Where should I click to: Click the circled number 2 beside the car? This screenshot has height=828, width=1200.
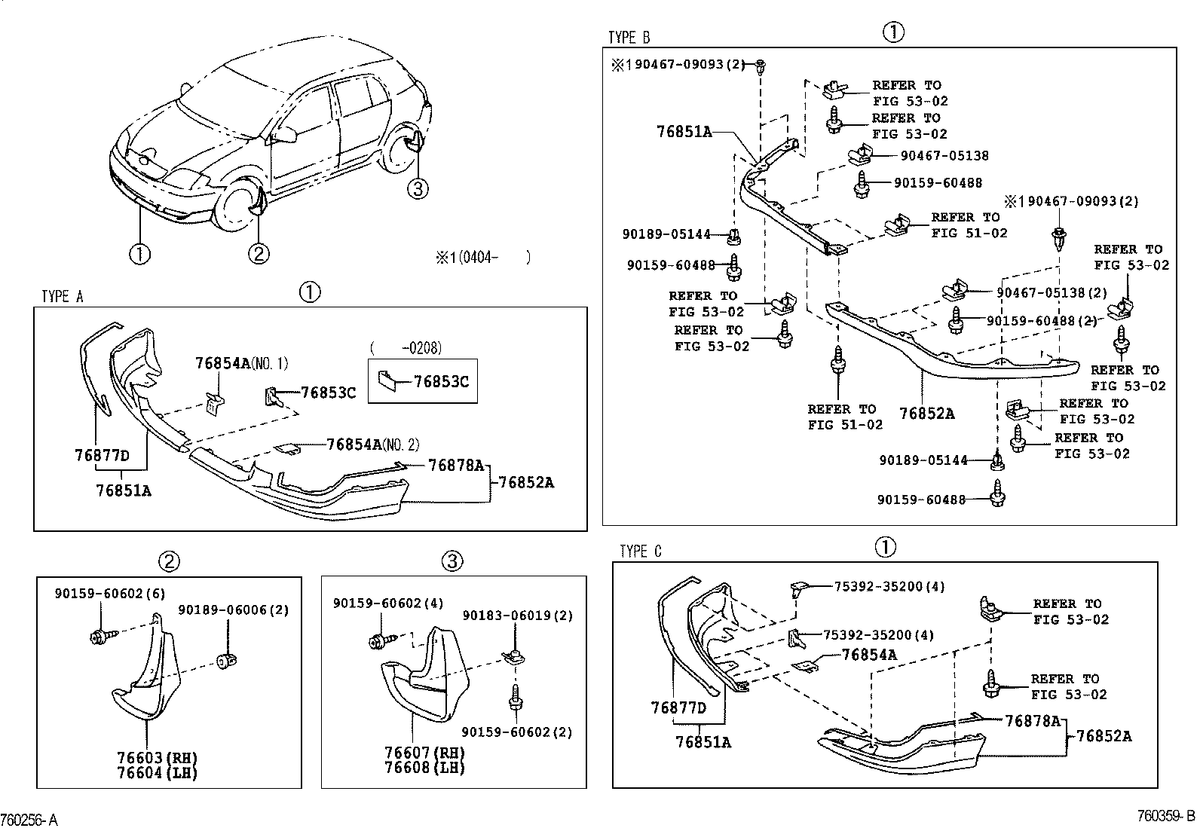click(258, 254)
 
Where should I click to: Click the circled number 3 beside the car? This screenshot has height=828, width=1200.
click(418, 188)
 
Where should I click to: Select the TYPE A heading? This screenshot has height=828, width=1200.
click(63, 297)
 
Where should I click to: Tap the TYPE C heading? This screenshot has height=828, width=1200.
click(641, 552)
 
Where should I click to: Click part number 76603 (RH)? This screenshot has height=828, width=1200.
click(157, 757)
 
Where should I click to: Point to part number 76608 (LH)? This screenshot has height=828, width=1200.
click(424, 767)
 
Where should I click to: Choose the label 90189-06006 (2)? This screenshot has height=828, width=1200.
click(233, 610)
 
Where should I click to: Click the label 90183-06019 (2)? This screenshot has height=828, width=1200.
click(517, 616)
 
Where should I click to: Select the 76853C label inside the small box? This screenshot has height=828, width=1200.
click(441, 382)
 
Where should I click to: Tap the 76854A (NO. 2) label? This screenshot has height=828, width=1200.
click(373, 445)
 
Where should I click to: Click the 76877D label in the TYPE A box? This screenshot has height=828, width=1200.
click(103, 455)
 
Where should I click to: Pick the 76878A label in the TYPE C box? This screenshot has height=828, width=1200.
click(1032, 721)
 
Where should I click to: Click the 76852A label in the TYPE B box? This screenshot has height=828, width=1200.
click(926, 414)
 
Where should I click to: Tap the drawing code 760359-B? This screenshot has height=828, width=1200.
click(1166, 816)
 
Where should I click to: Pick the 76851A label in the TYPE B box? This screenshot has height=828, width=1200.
click(684, 132)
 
